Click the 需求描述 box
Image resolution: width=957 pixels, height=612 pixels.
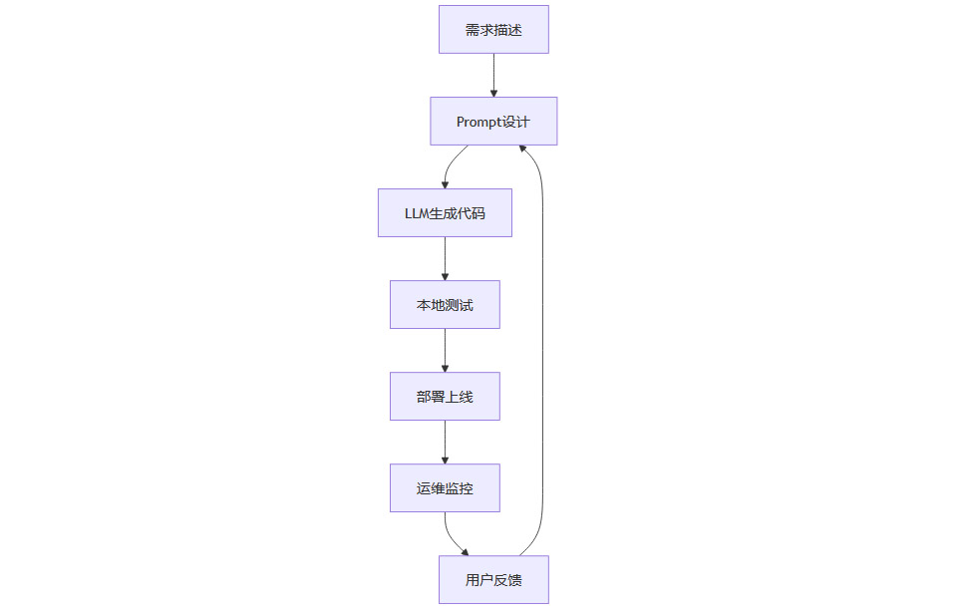493,30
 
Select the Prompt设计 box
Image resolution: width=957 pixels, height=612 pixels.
493,122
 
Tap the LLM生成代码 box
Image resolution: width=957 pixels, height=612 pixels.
445,213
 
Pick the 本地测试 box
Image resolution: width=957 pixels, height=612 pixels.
445,305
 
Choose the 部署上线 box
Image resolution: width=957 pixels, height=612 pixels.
445,397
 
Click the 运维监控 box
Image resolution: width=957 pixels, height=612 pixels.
445,488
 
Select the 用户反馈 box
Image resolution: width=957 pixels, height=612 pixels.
493,580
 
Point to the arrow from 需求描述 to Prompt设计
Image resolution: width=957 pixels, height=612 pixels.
493,75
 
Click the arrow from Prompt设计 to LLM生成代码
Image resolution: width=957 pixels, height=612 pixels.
450,163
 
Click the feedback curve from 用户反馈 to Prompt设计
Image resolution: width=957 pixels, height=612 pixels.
543,349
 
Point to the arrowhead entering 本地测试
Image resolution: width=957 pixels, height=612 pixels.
445,276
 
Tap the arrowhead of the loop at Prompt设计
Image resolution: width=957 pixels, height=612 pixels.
524,150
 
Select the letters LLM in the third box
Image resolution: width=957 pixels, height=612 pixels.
416,213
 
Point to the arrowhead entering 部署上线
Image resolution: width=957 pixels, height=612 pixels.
445,368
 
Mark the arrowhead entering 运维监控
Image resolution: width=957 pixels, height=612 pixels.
445,459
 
